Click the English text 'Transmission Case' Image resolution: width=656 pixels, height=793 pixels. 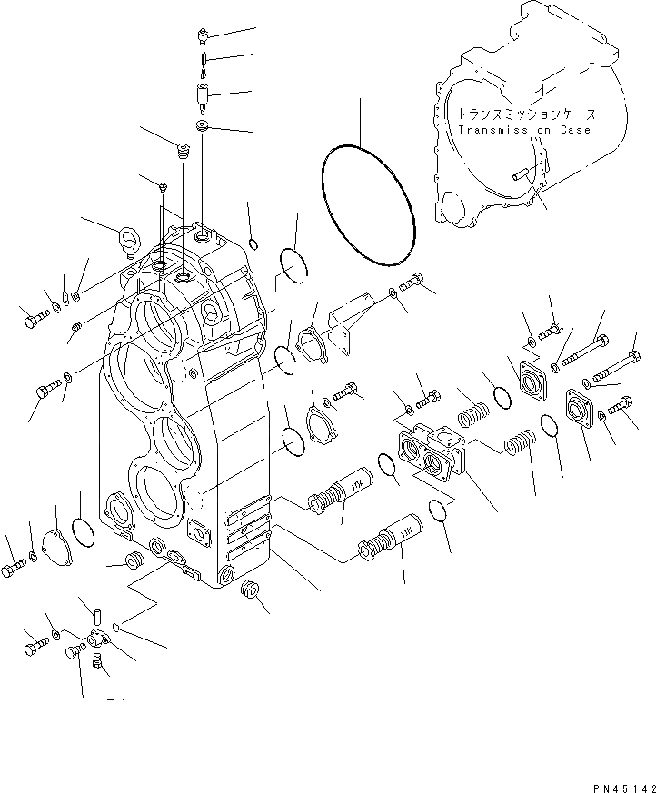tap(524, 130)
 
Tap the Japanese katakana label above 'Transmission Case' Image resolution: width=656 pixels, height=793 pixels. tap(526, 115)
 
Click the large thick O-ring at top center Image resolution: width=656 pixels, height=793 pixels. tap(369, 207)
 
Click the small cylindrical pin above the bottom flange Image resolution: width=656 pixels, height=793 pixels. tap(95, 612)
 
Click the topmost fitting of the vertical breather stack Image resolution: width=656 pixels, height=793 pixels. tap(202, 35)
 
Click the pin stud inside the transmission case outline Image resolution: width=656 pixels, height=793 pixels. tap(524, 176)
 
